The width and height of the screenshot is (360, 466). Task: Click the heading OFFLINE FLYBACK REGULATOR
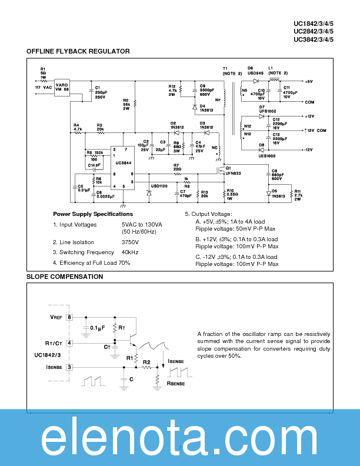(x=78, y=52)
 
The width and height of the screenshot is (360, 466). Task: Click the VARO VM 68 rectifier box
(x=63, y=86)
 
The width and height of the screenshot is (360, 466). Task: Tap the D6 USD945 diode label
(x=254, y=71)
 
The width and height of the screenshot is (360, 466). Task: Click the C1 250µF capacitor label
(x=100, y=92)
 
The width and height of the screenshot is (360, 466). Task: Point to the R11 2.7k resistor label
(x=298, y=195)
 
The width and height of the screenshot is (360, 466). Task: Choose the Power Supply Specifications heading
(x=93, y=214)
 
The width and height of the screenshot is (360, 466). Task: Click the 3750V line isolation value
(x=130, y=242)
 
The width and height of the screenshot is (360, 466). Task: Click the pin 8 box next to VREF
(x=70, y=317)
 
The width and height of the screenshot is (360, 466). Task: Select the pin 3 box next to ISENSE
(x=70, y=367)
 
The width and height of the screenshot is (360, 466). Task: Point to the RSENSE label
(x=176, y=382)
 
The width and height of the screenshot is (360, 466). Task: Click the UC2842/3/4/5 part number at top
(x=322, y=32)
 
